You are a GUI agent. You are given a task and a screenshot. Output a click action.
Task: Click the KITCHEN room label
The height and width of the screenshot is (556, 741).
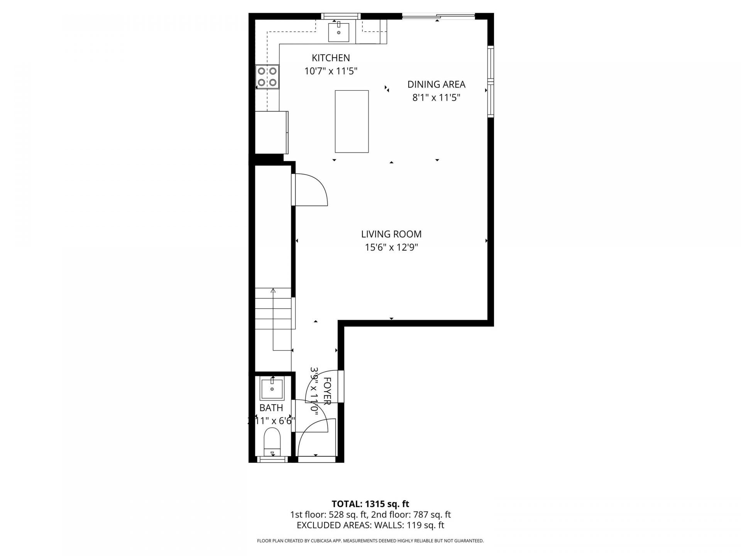[331, 58]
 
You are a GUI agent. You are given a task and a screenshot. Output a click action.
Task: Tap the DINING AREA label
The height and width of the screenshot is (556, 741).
[436, 84]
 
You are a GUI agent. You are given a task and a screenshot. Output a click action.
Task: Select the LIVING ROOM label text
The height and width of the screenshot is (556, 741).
[391, 234]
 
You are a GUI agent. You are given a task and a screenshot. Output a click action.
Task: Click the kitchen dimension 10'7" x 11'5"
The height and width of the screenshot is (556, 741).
[331, 71]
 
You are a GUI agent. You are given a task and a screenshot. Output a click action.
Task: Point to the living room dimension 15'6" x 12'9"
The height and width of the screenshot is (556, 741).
[391, 247]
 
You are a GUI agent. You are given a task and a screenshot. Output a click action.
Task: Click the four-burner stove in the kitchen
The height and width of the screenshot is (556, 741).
[267, 76]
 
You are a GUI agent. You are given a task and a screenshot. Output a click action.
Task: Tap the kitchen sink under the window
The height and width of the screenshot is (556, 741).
[338, 32]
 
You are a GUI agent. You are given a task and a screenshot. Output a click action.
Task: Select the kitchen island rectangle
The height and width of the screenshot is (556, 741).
[352, 121]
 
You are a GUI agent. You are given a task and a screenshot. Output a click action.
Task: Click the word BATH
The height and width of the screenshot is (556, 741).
[271, 408]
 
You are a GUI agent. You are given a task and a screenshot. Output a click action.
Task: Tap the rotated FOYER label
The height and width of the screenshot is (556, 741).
[327, 391]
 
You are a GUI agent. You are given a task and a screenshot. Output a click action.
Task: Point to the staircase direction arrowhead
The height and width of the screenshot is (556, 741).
[273, 291]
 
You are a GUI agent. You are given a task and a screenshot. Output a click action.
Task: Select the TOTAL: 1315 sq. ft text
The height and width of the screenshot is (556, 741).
[370, 504]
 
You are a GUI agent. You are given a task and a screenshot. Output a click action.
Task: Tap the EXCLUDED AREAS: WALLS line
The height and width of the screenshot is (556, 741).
[370, 525]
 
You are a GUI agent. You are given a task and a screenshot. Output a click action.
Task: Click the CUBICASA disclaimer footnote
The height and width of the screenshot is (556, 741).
[370, 541]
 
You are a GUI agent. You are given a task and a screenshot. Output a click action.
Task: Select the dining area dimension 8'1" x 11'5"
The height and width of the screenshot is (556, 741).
[436, 97]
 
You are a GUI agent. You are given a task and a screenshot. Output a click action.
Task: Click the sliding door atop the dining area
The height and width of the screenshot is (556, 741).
[438, 16]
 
